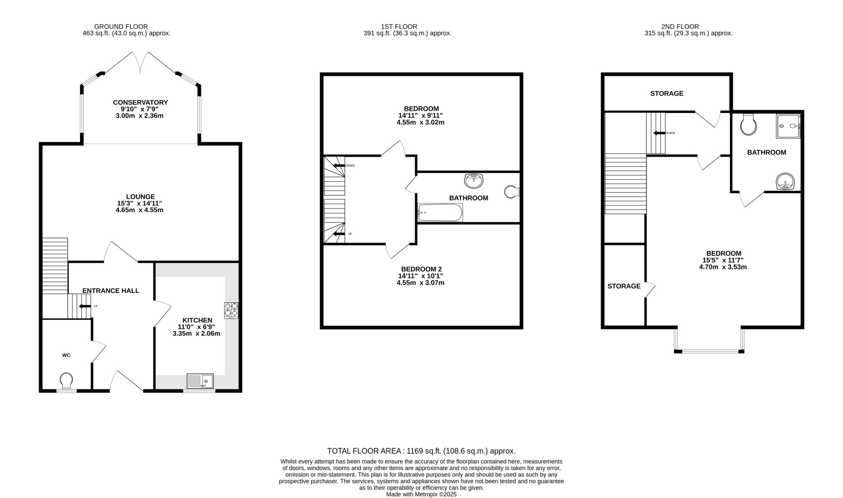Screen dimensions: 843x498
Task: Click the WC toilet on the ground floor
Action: (x=66, y=380)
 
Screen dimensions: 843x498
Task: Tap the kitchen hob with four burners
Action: (x=231, y=311)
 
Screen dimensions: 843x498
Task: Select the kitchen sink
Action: (x=200, y=381)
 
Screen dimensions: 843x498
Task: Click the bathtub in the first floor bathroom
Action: (x=440, y=212)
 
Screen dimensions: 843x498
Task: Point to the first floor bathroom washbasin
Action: (x=474, y=181)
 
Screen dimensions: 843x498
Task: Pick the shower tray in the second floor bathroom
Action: (x=788, y=126)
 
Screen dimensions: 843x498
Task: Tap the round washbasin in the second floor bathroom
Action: (x=785, y=182)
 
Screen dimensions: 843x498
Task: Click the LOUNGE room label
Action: (x=140, y=196)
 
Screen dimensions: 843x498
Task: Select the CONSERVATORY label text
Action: (x=140, y=102)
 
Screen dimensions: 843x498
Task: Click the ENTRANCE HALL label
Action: (x=111, y=291)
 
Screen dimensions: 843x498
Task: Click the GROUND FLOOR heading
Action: (x=121, y=27)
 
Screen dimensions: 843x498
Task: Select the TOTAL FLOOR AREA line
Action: (x=421, y=451)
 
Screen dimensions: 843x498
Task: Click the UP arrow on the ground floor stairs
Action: (x=85, y=306)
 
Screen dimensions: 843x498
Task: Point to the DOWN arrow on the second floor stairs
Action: (x=659, y=133)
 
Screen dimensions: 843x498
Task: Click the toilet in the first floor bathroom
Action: (x=512, y=192)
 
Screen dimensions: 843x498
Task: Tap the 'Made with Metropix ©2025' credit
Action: (x=421, y=495)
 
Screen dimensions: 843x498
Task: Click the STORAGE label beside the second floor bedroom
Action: (x=624, y=286)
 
